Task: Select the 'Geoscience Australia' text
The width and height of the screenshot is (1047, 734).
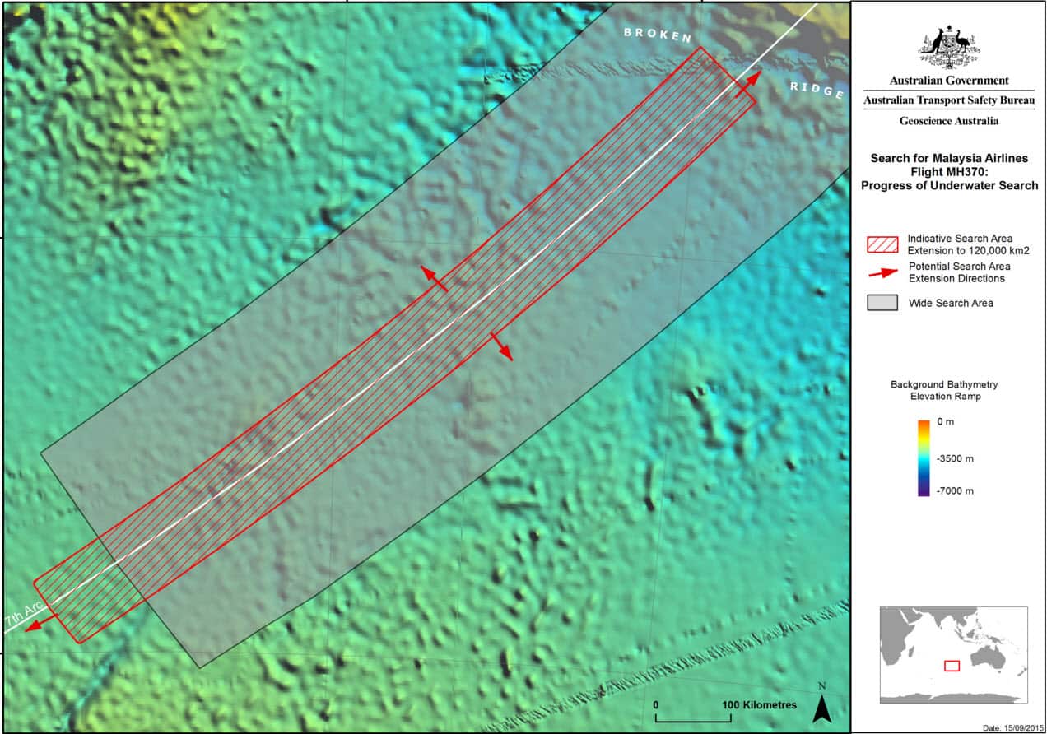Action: [x=948, y=121]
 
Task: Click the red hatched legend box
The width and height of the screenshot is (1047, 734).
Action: [x=882, y=244]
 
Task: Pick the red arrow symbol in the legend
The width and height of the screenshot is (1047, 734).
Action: [x=882, y=272]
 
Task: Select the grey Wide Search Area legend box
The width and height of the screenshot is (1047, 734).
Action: [x=882, y=303]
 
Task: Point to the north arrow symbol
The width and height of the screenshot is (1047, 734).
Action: [x=821, y=706]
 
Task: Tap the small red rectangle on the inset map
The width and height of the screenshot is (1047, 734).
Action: [x=952, y=665]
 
